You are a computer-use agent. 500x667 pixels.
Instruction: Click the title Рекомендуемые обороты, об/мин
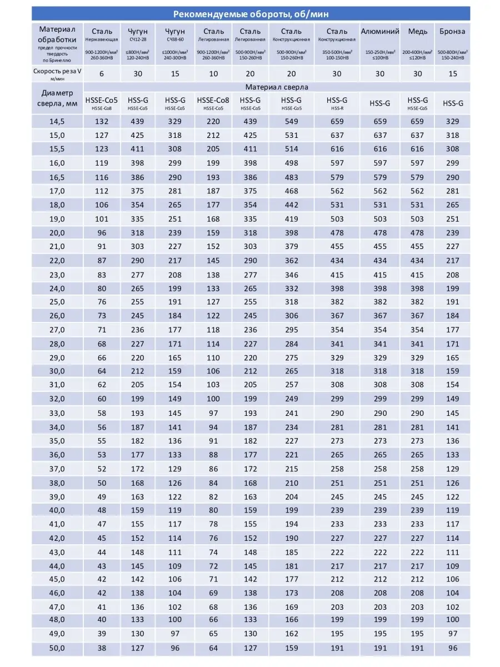point(251,14)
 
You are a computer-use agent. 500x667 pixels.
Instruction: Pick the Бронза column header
point(452,31)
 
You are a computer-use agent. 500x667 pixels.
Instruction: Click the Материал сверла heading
point(277,87)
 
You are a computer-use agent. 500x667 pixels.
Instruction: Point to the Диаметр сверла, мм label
point(57,98)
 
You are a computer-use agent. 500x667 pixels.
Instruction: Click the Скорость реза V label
point(57,71)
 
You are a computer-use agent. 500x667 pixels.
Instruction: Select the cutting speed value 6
point(101,72)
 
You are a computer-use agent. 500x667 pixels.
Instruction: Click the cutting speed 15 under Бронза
point(452,72)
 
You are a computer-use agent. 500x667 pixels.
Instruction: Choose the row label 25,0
point(57,302)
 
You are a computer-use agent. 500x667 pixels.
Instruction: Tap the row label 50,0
point(57,648)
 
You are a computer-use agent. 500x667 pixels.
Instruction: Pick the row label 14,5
point(57,121)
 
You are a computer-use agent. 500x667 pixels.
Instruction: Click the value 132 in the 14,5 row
point(101,121)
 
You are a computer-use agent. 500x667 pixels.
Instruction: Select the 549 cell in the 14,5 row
point(291,121)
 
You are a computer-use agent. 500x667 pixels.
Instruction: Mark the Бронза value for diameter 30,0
point(452,371)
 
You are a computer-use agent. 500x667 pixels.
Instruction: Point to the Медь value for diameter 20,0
point(417,233)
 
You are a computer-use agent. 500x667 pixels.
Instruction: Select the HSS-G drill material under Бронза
point(452,103)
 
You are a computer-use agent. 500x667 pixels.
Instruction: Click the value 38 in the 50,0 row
point(101,648)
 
